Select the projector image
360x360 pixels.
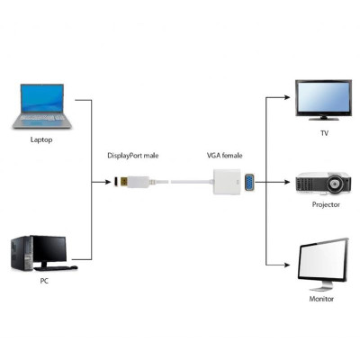coord(322,184)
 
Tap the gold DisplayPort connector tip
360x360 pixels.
coord(118,183)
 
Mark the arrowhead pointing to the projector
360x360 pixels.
coord(290,183)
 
